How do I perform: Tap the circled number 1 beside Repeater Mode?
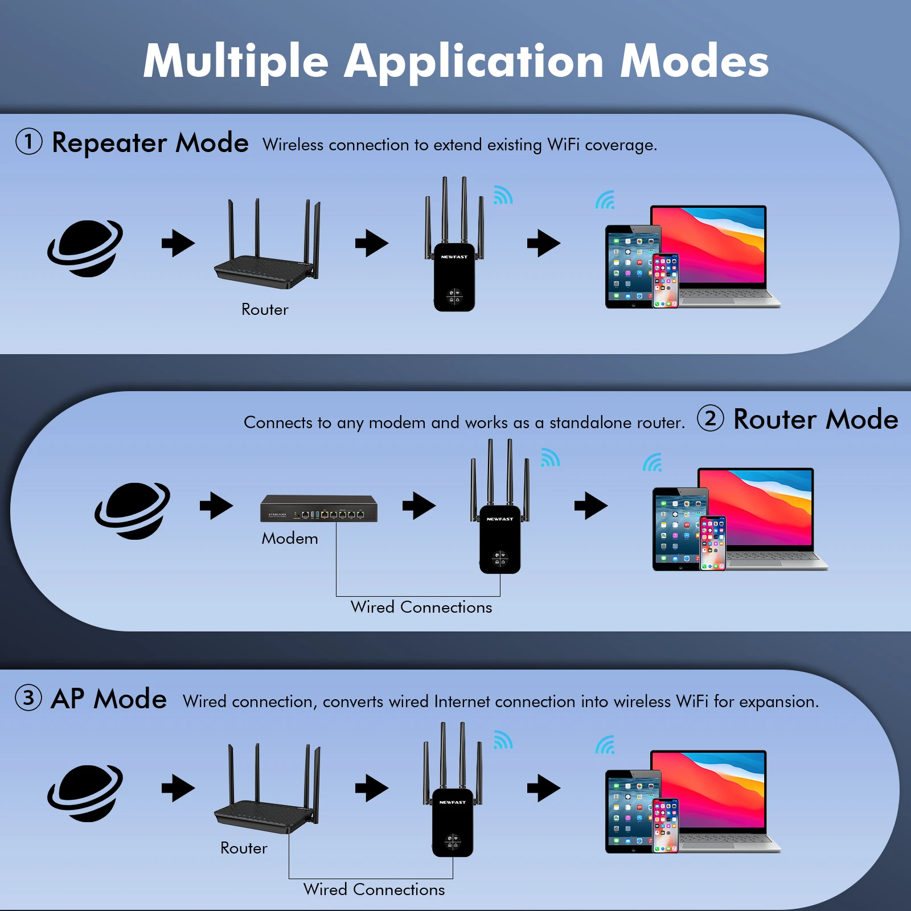(x=29, y=141)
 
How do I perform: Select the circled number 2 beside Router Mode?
(x=711, y=418)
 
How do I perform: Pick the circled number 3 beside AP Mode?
(x=28, y=697)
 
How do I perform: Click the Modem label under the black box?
(x=290, y=538)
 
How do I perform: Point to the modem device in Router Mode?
(x=319, y=508)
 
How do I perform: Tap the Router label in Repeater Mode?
(x=265, y=309)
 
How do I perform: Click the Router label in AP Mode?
(x=244, y=848)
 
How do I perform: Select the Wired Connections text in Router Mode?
(x=421, y=607)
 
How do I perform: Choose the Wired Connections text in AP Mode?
(x=374, y=889)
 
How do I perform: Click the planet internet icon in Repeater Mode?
(x=85, y=248)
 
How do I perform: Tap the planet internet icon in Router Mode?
(x=133, y=511)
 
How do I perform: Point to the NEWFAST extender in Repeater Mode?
(x=454, y=245)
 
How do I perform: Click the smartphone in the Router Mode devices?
(x=713, y=543)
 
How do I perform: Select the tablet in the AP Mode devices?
(x=632, y=811)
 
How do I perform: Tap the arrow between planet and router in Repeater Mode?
(x=178, y=243)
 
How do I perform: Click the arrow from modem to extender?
(x=419, y=506)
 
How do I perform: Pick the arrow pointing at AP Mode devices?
(x=544, y=788)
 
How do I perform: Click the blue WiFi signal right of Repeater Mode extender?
(x=503, y=195)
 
